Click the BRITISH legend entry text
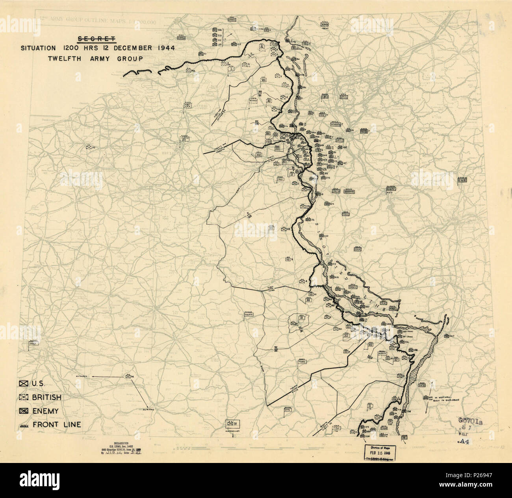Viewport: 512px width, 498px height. coord(47,398)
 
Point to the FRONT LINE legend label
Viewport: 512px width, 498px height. coord(57,424)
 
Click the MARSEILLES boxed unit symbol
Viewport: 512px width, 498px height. coord(233,424)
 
